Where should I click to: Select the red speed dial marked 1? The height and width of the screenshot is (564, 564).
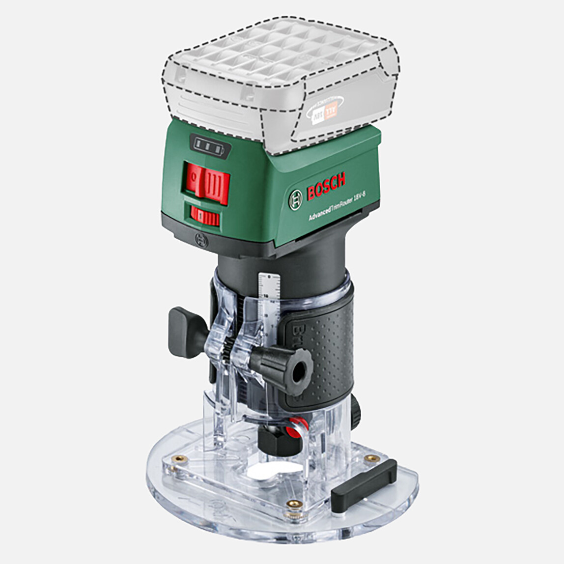pos(205,216)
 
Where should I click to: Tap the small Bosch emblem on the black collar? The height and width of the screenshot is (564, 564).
pos(201,241)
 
